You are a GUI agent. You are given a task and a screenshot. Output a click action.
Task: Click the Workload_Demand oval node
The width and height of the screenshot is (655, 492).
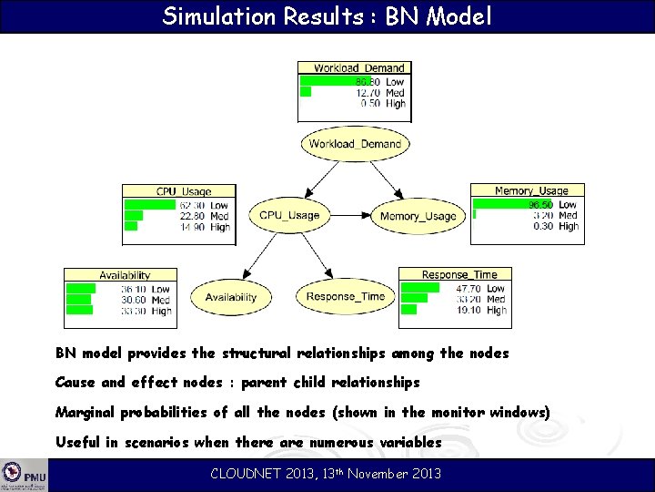(x=354, y=144)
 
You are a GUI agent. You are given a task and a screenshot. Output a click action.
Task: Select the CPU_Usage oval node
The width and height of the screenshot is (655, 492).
(x=289, y=215)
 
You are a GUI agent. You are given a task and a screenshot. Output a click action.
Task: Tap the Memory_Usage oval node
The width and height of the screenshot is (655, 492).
(x=418, y=216)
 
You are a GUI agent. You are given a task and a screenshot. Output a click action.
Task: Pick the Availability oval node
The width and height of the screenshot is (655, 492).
(x=230, y=297)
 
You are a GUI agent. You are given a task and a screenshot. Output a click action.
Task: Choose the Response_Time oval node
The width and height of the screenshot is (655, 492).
(x=345, y=297)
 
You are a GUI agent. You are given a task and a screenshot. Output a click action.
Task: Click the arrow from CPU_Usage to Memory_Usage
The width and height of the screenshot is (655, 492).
(x=350, y=216)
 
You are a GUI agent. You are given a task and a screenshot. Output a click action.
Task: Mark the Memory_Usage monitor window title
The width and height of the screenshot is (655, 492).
(x=530, y=190)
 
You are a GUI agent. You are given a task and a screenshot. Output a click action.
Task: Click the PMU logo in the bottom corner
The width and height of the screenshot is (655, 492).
(x=24, y=475)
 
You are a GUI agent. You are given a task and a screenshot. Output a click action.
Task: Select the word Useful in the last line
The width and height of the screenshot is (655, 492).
(x=77, y=443)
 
